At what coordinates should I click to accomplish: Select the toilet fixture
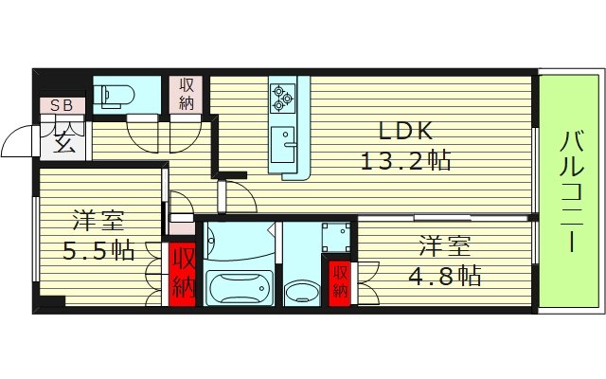pyautogui.click(x=114, y=93)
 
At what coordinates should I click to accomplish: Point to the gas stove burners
pyautogui.click(x=284, y=95)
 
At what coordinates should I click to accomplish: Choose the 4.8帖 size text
pyautogui.click(x=447, y=275)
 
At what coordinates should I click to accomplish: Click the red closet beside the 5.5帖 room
pyautogui.click(x=183, y=275)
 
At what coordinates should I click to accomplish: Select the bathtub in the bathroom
pyautogui.click(x=239, y=284)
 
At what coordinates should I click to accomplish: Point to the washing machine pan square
pyautogui.click(x=334, y=237)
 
